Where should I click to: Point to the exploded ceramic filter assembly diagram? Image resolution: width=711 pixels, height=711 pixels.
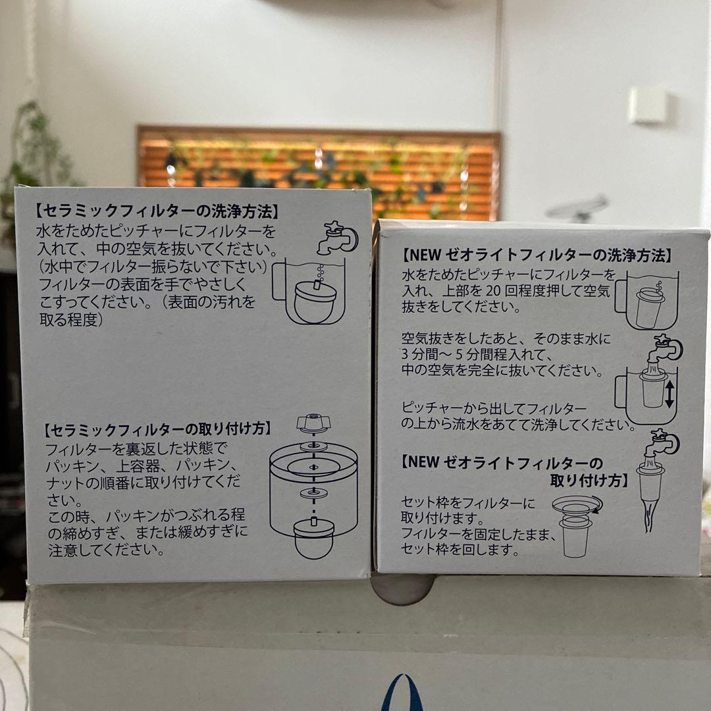pyautogui.click(x=313, y=487)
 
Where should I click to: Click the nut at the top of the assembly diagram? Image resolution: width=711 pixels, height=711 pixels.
pyautogui.click(x=313, y=421)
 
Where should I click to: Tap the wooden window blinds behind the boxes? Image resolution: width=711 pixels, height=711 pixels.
pyautogui.click(x=316, y=168)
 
